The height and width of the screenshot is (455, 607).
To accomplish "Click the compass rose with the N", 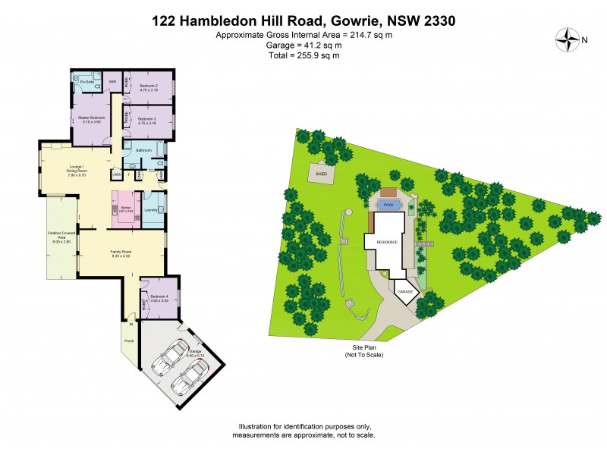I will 567,39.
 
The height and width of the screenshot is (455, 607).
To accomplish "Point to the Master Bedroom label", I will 91,119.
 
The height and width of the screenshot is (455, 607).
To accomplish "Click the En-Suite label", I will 86,81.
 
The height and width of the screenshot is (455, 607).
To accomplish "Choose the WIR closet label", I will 112,81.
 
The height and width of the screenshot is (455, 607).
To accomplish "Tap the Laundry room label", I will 150,210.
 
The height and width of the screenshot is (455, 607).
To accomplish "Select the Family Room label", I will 121,253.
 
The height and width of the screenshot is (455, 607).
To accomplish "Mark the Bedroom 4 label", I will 159,298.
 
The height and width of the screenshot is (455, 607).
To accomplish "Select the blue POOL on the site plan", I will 389,205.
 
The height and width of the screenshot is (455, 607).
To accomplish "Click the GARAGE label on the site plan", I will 404,290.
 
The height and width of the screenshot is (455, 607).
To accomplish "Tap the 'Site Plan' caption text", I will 363,349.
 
